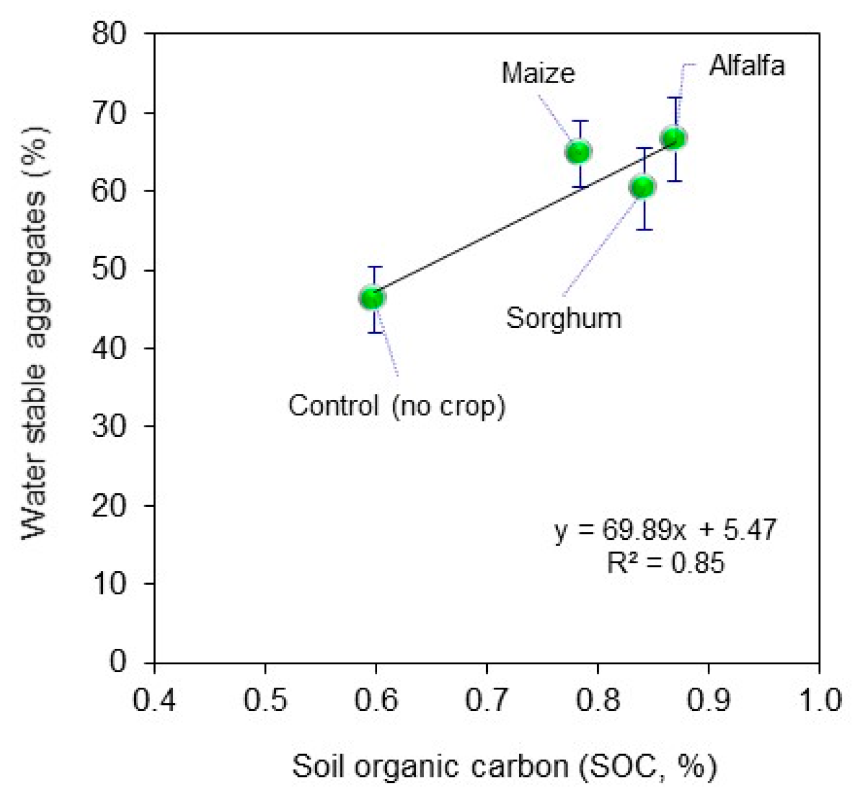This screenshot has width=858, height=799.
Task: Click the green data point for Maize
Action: [578, 152]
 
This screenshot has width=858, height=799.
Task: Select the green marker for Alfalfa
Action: [674, 138]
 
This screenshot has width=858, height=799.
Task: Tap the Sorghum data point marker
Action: [643, 187]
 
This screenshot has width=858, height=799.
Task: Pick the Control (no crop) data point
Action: [372, 297]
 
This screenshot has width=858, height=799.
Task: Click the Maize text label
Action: [538, 73]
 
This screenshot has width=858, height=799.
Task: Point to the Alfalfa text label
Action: [746, 65]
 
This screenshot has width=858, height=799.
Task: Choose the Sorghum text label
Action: [563, 318]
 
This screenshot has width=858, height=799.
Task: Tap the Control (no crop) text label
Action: [396, 406]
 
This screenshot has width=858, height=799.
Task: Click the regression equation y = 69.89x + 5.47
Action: [665, 530]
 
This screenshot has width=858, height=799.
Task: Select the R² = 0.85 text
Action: [665, 563]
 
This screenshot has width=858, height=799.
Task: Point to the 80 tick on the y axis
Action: [110, 34]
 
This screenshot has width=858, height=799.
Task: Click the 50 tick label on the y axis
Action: [110, 270]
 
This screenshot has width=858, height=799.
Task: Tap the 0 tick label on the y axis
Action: [119, 661]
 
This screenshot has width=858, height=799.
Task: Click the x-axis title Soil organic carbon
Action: [504, 767]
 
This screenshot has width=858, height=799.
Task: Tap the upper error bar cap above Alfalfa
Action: [675, 98]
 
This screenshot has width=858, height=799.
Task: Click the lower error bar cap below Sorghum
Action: [644, 229]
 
